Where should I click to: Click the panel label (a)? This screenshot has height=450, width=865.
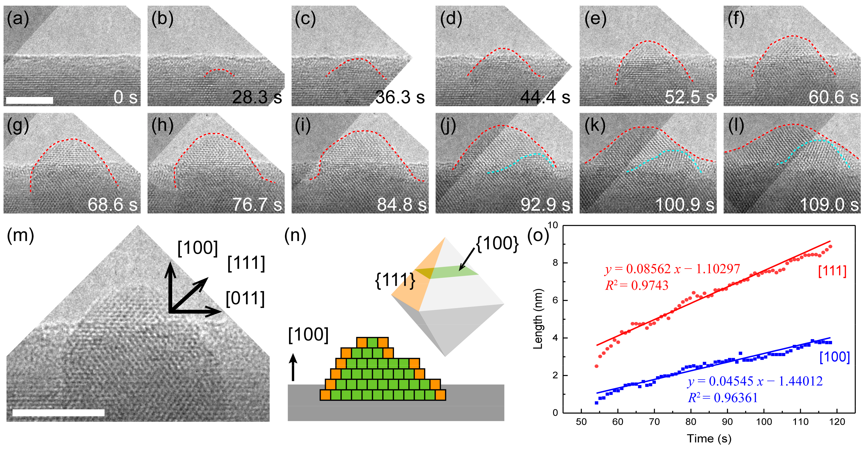pyautogui.click(x=18, y=19)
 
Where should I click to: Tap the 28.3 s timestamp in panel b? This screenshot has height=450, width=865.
pyautogui.click(x=257, y=97)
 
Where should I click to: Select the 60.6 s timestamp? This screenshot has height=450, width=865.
pyautogui.click(x=833, y=97)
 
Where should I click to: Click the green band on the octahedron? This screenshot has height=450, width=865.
pyautogui.click(x=453, y=272)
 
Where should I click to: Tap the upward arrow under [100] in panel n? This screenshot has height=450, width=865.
pyautogui.click(x=293, y=367)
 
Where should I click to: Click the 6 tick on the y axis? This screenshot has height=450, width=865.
pyautogui.click(x=555, y=300)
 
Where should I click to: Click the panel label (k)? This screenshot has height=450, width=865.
pyautogui.click(x=595, y=126)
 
